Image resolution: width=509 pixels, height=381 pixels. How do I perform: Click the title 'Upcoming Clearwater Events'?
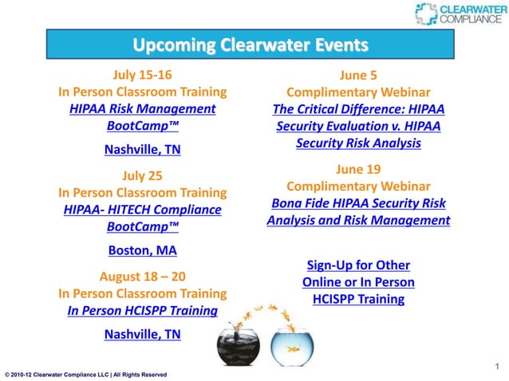click(250, 43)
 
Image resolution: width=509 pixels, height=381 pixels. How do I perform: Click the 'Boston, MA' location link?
click(142, 249)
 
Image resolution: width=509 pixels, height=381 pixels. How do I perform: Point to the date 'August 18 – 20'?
click(142, 276)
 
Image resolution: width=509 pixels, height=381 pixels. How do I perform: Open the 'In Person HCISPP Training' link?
click(142, 311)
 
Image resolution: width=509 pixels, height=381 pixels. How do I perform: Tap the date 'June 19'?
click(358, 169)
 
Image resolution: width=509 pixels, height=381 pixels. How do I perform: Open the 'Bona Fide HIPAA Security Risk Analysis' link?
click(358, 211)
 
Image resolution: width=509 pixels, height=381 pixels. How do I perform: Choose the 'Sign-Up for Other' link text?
click(358, 265)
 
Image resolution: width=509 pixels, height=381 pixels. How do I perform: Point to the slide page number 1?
click(497, 367)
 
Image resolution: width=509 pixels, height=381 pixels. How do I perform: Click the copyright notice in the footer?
click(85, 374)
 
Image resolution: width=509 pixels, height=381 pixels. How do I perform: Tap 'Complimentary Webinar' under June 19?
click(358, 186)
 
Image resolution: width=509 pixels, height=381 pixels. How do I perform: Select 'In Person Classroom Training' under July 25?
click(142, 192)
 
